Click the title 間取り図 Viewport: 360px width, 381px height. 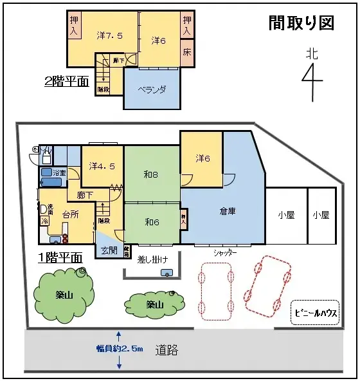coord(301,23)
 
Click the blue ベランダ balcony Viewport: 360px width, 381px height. coord(154,89)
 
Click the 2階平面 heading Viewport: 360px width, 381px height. coord(66,82)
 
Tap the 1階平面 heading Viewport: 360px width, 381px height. coord(60,257)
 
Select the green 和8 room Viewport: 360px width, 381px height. coord(152,173)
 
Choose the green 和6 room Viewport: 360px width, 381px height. coord(152,222)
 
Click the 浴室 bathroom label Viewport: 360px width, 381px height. coord(60,173)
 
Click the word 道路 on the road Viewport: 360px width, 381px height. coord(166,351)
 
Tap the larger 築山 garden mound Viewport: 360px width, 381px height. coord(62,294)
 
